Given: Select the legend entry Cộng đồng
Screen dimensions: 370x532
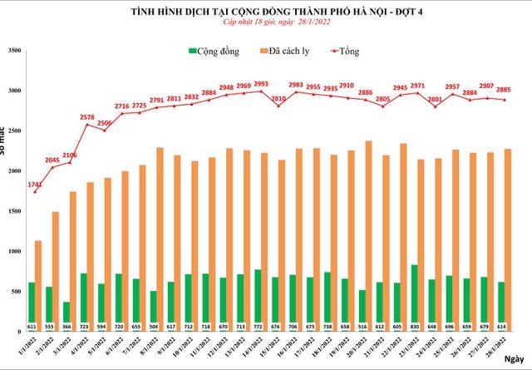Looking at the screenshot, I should click(x=214, y=52).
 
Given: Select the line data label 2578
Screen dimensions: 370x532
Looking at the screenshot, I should click(x=86, y=117).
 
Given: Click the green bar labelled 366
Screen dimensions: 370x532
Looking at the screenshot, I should click(x=67, y=312).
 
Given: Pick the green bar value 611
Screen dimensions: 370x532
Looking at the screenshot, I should click(x=31, y=326).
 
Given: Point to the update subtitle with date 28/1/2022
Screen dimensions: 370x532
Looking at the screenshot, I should click(x=266, y=24).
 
